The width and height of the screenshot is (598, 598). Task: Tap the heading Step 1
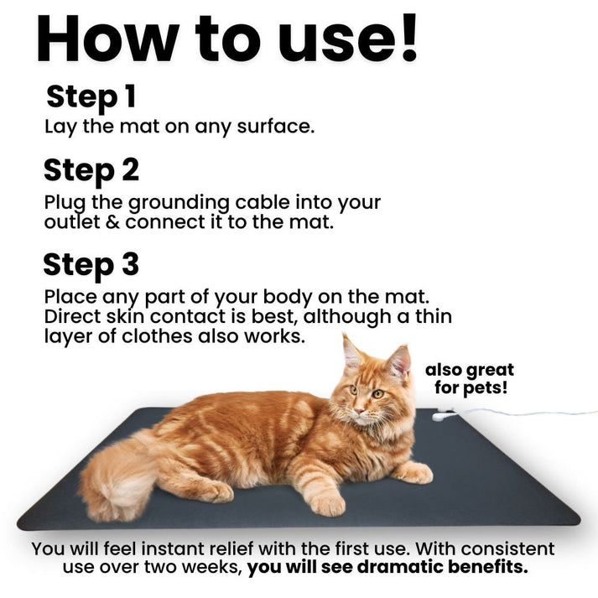click(x=91, y=96)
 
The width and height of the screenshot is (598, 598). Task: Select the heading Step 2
click(x=91, y=170)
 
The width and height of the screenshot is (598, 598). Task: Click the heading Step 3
click(x=91, y=264)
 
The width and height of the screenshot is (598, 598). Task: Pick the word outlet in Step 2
click(x=70, y=222)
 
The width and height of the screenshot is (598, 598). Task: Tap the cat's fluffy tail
click(x=122, y=478)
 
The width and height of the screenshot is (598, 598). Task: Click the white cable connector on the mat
click(x=442, y=413)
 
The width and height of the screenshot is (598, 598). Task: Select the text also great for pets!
click(x=469, y=379)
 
